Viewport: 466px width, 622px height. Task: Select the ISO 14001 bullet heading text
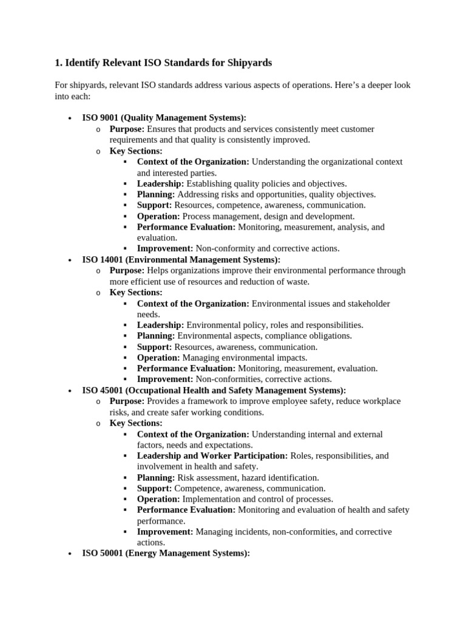click(181, 259)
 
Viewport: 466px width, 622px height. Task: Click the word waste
click(297, 281)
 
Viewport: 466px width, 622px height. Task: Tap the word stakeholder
click(365, 303)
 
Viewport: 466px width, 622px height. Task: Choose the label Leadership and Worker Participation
click(212, 456)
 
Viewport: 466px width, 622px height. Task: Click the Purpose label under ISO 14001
click(127, 270)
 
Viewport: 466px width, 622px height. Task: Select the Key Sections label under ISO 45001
click(136, 423)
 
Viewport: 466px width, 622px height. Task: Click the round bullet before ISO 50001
click(71, 554)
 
